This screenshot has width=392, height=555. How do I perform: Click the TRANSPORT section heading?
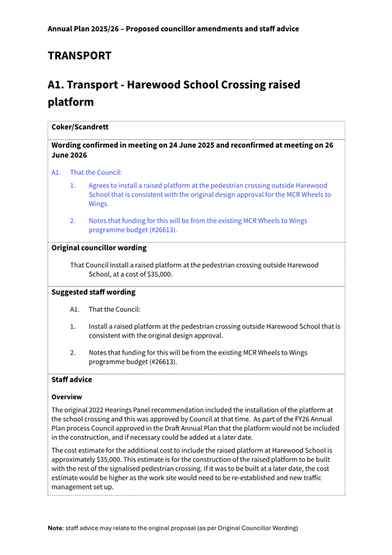[79, 56]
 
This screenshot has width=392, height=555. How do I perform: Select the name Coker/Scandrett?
[80, 127]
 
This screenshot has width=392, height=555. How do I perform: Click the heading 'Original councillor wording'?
[99, 248]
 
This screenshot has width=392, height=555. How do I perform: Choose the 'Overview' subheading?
[66, 397]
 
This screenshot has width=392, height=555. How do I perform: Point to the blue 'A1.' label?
[56, 172]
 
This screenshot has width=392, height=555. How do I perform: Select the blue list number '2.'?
[73, 221]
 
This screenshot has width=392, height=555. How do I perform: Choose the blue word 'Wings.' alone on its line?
[99, 204]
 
